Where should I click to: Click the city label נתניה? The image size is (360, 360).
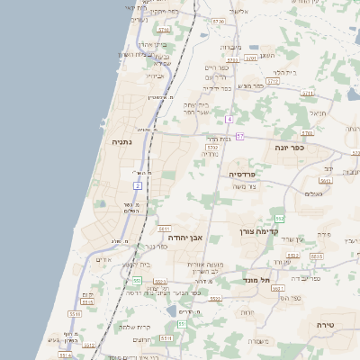[122, 141]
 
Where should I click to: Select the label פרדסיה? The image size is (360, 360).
[243, 174]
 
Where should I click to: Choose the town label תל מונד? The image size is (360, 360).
[257, 280]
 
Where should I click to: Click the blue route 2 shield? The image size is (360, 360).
[138, 185]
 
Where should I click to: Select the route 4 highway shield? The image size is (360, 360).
[229, 119]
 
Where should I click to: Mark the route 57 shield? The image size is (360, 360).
[239, 135]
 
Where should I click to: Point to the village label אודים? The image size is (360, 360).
[103, 260]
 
